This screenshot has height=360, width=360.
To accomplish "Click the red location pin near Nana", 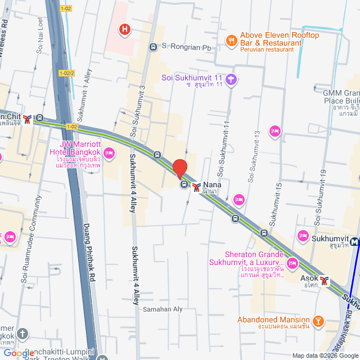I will coord(179,169).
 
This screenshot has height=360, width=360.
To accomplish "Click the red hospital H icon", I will coord(125,29).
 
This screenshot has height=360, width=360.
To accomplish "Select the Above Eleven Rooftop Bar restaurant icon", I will coord(231,40).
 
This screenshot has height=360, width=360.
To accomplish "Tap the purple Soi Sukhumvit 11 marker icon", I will coord(232,79).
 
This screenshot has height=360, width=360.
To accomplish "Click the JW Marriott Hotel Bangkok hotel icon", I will coord(110,152).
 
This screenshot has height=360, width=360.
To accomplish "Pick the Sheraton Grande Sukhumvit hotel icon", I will coord(292,263).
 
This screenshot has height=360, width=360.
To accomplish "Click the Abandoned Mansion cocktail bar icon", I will coord(318,321).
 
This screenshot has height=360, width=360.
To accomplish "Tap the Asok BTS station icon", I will coord(324,280).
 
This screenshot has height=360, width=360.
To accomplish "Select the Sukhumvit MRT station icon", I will coord(354,242).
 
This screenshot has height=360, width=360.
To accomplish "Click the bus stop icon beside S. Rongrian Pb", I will coord(154,47).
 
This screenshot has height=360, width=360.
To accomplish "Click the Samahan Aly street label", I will coord(163,309).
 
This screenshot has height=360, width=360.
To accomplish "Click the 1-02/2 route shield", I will coord(66,73).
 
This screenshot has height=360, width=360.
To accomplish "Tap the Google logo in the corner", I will coord(19,353).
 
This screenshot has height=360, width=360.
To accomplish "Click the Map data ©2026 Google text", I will coord(325,355).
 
